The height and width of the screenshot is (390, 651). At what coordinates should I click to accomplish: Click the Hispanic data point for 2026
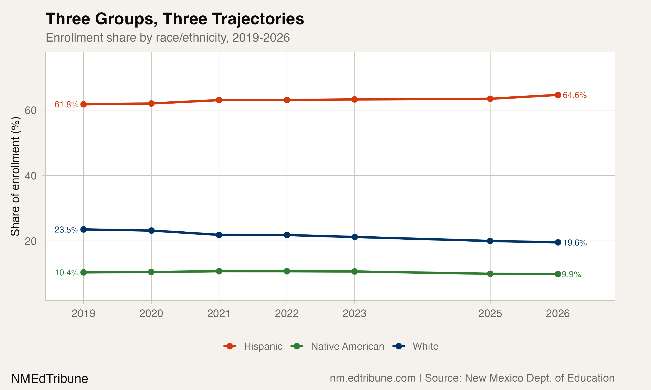[x=558, y=95]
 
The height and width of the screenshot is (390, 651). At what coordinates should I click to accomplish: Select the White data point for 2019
[x=83, y=229]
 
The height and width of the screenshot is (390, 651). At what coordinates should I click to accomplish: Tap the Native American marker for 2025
[x=490, y=274]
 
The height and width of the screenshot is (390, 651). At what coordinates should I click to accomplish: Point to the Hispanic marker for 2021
[x=219, y=100]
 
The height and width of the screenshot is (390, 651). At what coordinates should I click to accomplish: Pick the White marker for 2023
[x=354, y=237]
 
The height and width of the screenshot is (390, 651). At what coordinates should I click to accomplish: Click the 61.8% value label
[x=66, y=105]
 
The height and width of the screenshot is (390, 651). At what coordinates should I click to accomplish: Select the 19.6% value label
[x=575, y=243]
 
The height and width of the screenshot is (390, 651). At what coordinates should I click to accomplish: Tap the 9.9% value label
[x=571, y=274]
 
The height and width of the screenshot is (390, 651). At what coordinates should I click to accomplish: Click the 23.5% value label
[x=66, y=230]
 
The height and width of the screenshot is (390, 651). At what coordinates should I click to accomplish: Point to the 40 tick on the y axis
[x=31, y=176]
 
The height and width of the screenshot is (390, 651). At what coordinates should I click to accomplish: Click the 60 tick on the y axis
[x=31, y=110]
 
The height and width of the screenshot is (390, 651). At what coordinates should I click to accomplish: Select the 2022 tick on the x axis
[x=287, y=314]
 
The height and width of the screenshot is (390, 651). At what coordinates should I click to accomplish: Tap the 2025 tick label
[x=490, y=314]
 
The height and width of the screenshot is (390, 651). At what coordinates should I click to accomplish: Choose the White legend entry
[x=425, y=346]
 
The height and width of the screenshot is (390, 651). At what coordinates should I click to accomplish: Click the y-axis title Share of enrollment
[x=15, y=176]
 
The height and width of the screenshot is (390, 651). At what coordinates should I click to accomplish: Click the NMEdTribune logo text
[x=49, y=379]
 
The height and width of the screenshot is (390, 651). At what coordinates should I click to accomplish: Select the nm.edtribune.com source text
[x=373, y=378]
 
